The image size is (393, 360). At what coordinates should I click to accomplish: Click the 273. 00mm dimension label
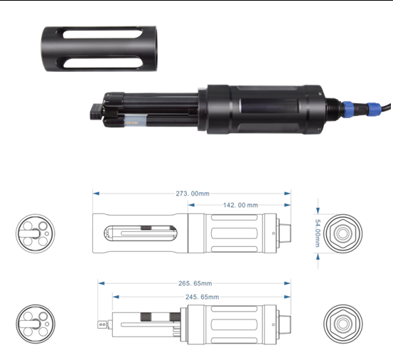(x=193, y=194)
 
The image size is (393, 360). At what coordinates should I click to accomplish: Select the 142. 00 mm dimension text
(x=240, y=205)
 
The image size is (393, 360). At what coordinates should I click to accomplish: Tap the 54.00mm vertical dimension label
(x=317, y=233)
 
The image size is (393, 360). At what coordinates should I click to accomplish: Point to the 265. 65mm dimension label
(x=195, y=283)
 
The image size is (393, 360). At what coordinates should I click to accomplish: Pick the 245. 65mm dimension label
(x=202, y=297)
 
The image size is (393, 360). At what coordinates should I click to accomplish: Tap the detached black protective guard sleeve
(x=99, y=48)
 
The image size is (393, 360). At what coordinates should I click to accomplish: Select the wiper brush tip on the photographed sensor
(x=96, y=112)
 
